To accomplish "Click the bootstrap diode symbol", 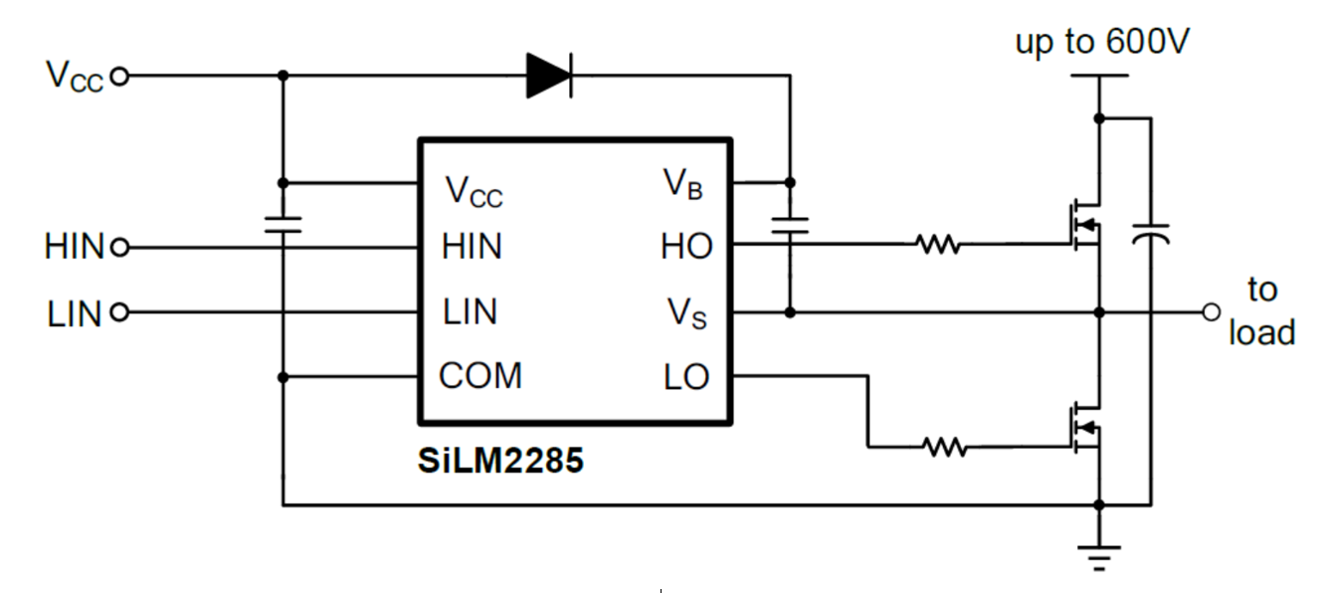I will coord(549,75).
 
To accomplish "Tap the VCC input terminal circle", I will coord(119,76).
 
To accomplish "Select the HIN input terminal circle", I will coord(119,247).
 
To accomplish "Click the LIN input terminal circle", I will coord(119,312).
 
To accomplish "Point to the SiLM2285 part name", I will coord(499,461).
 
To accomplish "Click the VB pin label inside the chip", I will coord(683,184).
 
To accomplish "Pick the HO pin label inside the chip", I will coord(686,247).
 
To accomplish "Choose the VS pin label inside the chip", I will coord(687,313).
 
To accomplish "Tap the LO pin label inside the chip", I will coord(686,377).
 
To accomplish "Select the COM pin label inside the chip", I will coord(480,376).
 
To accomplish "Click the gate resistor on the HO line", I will coord(938,244).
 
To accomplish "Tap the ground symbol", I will coord(1099,554).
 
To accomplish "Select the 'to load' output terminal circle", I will coord(1211,312).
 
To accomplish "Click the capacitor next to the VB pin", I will coord(791,225).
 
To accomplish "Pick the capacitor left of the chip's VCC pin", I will coord(283,223).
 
